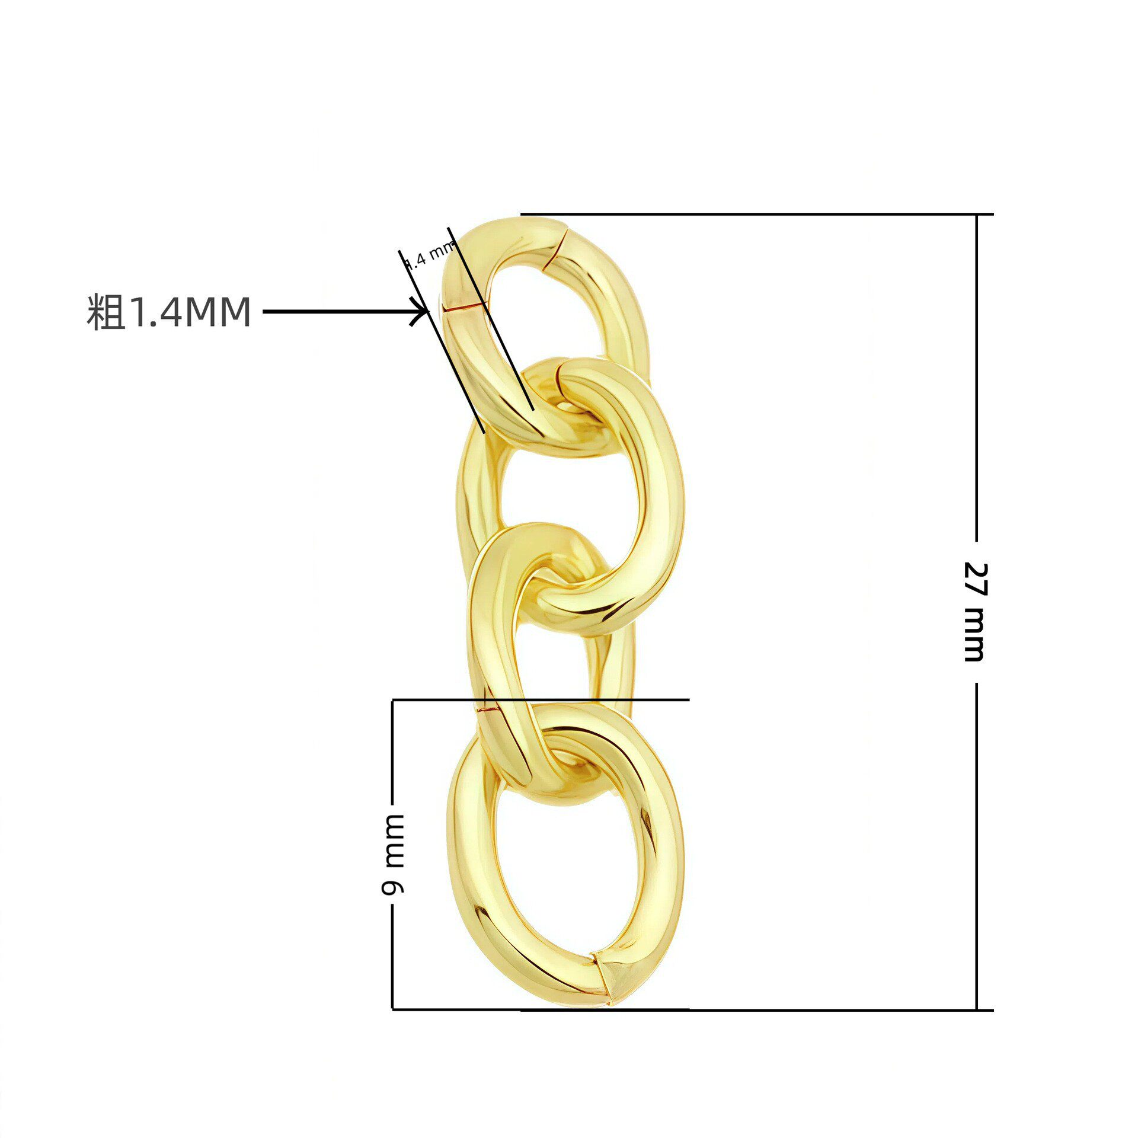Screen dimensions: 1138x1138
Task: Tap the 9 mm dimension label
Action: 393,854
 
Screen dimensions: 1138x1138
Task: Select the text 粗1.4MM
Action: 169,312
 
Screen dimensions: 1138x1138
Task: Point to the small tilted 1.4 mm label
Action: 429,255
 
